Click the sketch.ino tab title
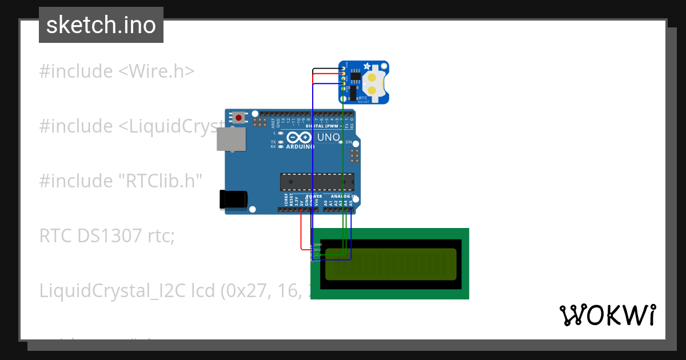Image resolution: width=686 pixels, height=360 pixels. click(101, 25)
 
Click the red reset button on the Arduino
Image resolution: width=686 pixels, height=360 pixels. click(238, 118)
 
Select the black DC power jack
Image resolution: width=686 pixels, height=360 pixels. click(233, 199)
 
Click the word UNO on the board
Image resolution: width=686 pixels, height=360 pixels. click(328, 137)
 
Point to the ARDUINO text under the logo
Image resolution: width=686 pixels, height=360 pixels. click(300, 147)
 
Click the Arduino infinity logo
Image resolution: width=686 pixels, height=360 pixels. click(299, 137)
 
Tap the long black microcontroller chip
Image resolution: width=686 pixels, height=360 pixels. click(317, 182)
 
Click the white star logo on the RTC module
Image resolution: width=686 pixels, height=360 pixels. click(345, 67)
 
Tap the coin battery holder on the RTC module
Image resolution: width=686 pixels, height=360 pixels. click(373, 83)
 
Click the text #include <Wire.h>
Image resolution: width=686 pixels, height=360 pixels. click(117, 71)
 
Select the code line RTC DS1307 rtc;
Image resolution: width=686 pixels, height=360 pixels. click(106, 235)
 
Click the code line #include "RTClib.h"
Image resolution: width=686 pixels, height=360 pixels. click(121, 181)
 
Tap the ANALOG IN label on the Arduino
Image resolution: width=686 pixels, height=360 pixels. click(345, 197)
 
